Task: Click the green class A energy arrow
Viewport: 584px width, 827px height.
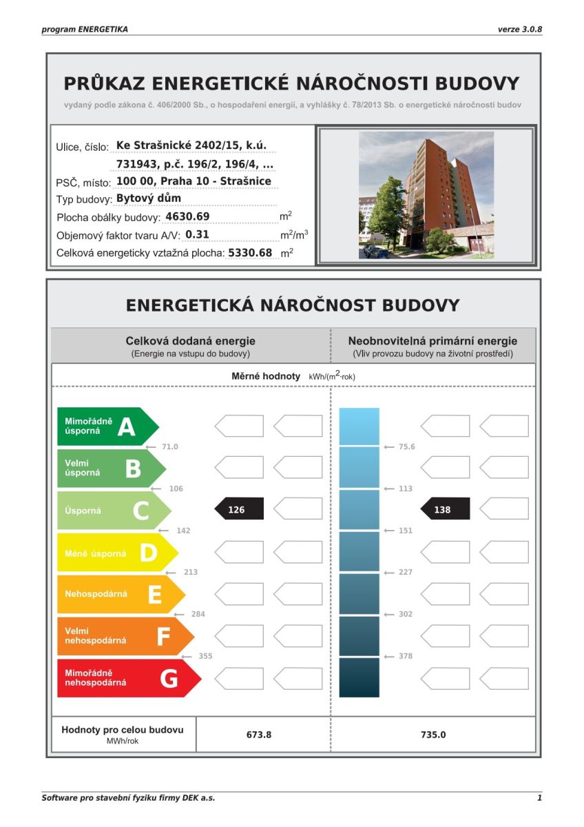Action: (107, 427)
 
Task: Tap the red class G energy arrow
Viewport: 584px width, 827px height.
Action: (128, 678)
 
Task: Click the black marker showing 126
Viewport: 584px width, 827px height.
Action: (238, 510)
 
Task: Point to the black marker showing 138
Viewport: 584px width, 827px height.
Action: (444, 510)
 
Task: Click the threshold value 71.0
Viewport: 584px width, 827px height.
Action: (169, 447)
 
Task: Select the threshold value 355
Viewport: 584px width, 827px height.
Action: (205, 656)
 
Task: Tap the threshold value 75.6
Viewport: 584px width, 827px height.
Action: (407, 447)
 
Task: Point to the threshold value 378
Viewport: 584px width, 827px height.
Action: (406, 656)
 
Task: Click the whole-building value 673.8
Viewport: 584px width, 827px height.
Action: (259, 735)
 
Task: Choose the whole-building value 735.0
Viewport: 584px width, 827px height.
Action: (433, 735)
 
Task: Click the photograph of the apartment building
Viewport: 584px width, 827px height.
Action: (426, 195)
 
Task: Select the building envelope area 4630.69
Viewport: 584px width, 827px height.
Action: (187, 216)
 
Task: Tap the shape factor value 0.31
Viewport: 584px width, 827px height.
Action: (197, 234)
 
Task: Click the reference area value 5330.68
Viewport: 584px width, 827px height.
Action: (250, 253)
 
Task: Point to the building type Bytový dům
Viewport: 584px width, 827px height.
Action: (149, 198)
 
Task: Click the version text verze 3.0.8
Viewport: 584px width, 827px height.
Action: (520, 30)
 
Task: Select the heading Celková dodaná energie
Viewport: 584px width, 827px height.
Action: (190, 340)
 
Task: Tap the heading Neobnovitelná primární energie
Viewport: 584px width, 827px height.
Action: (432, 340)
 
